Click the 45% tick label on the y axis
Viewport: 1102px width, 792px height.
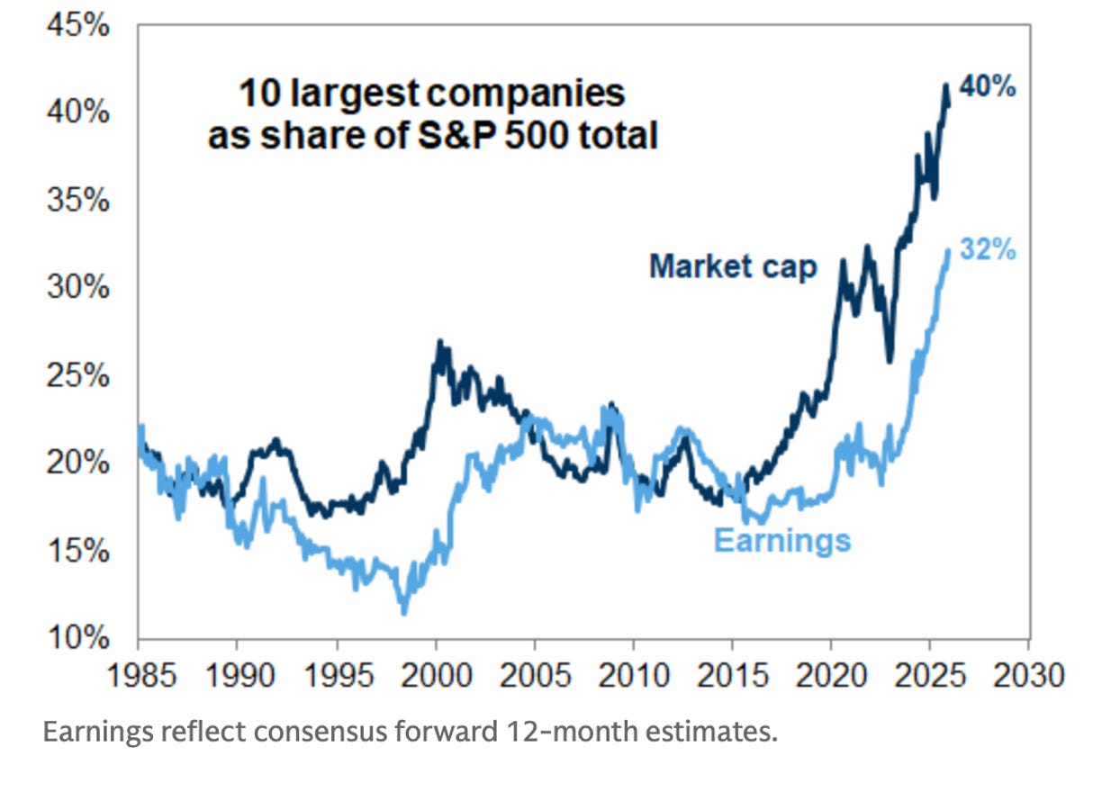[78, 26]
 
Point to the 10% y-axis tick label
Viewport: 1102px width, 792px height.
[78, 639]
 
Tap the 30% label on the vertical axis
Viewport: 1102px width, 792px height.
[78, 289]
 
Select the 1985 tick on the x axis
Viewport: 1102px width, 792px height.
[139, 674]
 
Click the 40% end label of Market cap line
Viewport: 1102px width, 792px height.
[988, 88]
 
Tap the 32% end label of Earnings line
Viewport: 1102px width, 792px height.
[988, 250]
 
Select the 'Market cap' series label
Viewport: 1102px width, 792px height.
[732, 266]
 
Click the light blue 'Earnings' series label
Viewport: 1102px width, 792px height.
[781, 540]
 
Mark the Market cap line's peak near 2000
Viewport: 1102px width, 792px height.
[438, 342]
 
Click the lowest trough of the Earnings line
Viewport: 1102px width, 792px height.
[403, 613]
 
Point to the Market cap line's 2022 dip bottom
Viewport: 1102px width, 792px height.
[890, 361]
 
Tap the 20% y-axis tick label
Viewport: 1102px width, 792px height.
[78, 464]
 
